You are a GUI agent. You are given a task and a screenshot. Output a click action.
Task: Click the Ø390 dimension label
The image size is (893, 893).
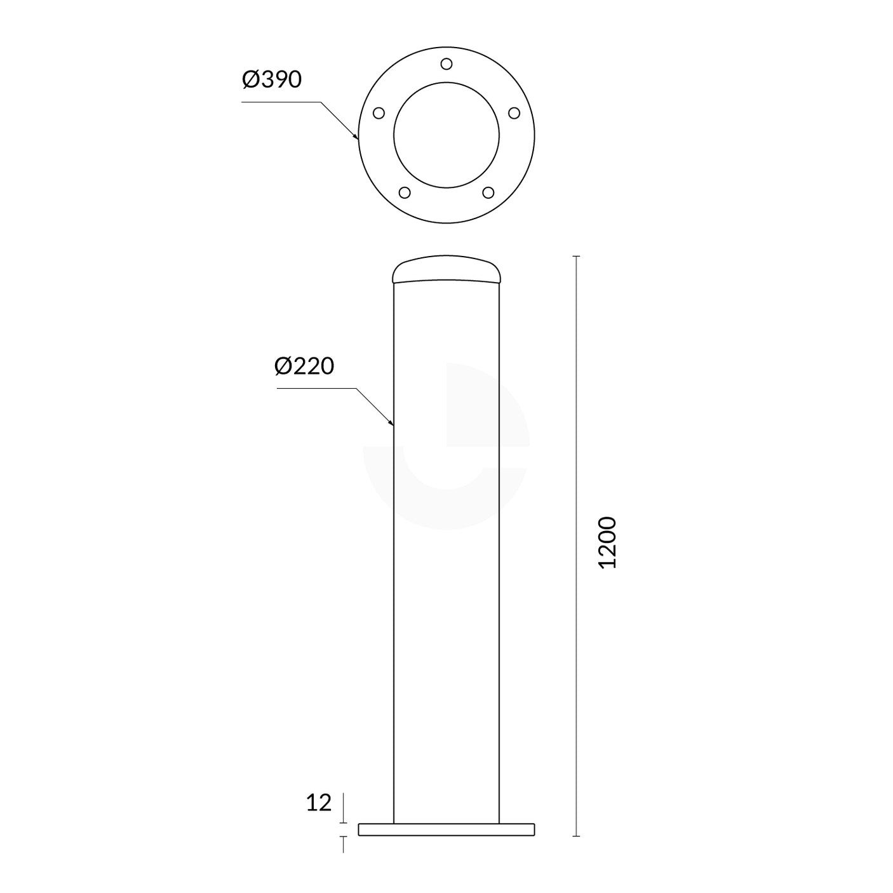point(272,80)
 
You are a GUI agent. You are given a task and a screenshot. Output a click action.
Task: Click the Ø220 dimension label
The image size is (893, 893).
point(304,366)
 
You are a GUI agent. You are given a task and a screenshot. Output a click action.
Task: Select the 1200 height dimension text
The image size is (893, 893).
point(608,542)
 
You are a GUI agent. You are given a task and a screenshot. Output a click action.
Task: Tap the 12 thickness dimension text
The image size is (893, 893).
point(319,803)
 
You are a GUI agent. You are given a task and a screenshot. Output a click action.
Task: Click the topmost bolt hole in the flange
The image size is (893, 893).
point(446,64)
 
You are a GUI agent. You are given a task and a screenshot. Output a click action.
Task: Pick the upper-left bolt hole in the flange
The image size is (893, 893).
point(379,113)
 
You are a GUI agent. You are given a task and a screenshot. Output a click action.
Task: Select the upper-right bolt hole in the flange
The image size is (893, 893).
point(514,113)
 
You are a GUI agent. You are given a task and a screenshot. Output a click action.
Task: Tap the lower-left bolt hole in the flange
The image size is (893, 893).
point(405,192)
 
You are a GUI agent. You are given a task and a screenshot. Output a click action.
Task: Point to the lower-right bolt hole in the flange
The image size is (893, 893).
point(488,192)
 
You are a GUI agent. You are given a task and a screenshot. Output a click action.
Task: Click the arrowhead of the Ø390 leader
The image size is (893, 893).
point(356,136)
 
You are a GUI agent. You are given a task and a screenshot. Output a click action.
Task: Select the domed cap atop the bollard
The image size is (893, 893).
point(446,269)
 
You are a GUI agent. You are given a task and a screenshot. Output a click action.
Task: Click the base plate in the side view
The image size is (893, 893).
point(446,829)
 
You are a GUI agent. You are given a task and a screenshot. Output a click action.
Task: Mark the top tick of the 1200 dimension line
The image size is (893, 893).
point(577,256)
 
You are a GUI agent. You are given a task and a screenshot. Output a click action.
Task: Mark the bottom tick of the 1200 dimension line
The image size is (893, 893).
point(577,836)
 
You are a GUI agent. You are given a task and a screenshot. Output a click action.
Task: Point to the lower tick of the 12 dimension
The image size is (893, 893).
point(344,836)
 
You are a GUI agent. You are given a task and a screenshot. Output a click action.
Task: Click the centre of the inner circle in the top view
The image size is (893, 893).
point(446,135)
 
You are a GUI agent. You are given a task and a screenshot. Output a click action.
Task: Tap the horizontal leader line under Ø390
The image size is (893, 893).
point(279,102)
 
